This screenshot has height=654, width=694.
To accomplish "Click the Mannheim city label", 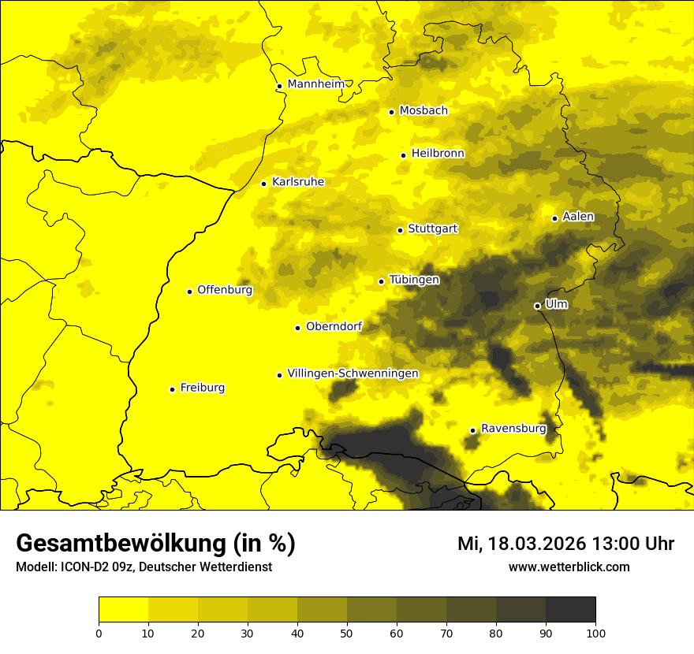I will pos(316,84).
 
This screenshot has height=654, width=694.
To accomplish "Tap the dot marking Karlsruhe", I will pos(263,184).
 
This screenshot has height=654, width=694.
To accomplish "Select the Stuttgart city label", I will pos(432,229).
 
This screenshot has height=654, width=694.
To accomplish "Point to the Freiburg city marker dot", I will pos(172,389).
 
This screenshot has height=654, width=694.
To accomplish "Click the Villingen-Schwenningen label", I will pos(353,373).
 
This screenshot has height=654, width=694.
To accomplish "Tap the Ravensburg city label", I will pos(513,429).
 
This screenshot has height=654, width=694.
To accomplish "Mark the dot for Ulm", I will pos(537,306).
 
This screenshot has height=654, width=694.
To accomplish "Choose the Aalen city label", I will pos(578,217).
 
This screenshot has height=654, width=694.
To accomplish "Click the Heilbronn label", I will pos(438,154).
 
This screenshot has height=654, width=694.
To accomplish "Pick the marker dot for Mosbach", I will pos(391,112).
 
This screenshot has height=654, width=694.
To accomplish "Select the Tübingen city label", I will pos(414,280).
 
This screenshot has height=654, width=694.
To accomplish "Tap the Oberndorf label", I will pos(334,326).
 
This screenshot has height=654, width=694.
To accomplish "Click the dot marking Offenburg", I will pos(189,292).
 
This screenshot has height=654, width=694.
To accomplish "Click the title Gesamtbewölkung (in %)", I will pos(155,544).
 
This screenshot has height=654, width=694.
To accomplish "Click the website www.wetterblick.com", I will pos(569,567).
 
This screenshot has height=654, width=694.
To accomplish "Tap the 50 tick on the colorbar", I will pos(347,632).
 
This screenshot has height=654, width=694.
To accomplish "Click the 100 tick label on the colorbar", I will pos(595,632).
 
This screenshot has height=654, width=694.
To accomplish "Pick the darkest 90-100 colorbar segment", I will pos(570,610).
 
